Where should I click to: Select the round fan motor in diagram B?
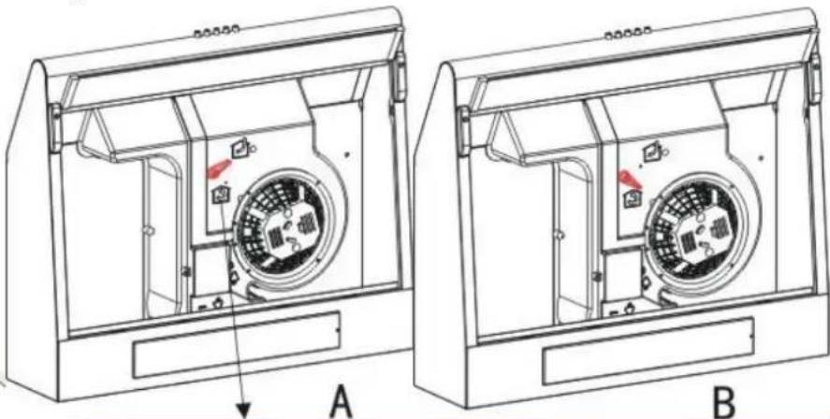(699, 232)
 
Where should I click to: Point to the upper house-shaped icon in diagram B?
(650, 153)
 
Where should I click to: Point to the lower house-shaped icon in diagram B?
(631, 199)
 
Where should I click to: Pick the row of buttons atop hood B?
(628, 33)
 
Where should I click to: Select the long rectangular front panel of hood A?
(236, 344)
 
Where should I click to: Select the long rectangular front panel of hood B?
(648, 351)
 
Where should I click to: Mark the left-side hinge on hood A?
(55, 128)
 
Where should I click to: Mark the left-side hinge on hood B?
(464, 131)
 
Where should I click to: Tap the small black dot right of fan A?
(347, 154)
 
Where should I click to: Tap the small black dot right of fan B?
(761, 158)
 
